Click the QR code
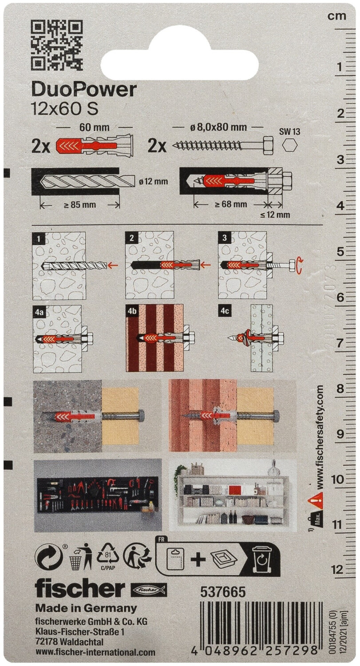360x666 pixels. click(57, 45)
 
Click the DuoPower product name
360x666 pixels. click(84, 90)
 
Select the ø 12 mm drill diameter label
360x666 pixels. click(153, 181)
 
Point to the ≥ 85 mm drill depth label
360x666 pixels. click(79, 205)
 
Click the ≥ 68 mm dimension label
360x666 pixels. click(231, 204)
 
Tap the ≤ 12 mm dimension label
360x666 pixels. click(275, 214)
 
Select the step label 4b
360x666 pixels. click(132, 312)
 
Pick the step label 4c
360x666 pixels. click(225, 312)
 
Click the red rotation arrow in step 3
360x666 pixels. click(300, 264)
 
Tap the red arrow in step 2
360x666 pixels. click(206, 264)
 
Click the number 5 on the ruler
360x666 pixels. click(340, 252)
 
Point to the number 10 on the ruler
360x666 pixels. click(336, 479)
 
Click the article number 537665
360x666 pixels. click(223, 592)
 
